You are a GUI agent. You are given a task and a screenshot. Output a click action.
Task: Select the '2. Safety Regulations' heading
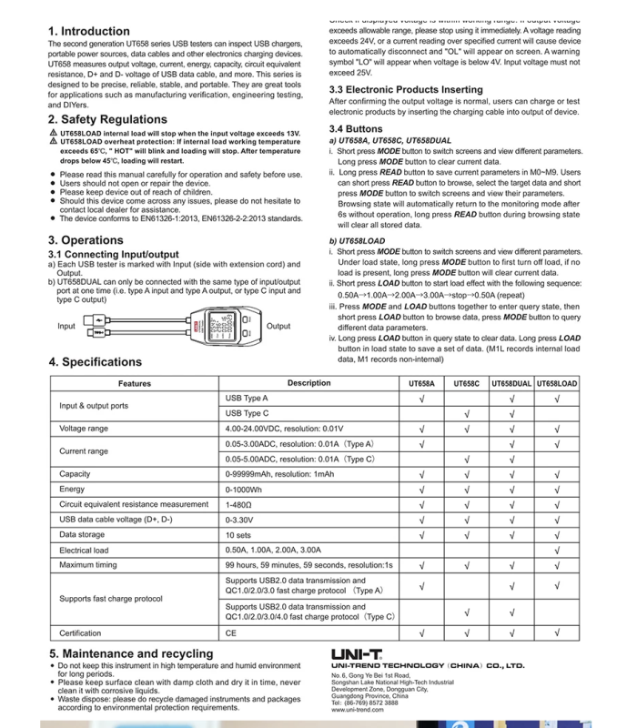pyautogui.click(x=107, y=119)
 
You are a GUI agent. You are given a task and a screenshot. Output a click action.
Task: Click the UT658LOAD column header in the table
pyautogui.click(x=557, y=384)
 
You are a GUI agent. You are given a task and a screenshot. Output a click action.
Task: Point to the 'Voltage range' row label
pyautogui.click(x=84, y=428)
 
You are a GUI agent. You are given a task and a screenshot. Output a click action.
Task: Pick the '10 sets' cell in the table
pyautogui.click(x=238, y=534)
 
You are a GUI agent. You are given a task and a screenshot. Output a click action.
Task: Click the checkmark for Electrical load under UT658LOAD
pyautogui.click(x=557, y=550)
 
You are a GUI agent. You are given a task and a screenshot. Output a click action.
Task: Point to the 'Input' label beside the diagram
pyautogui.click(x=66, y=326)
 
